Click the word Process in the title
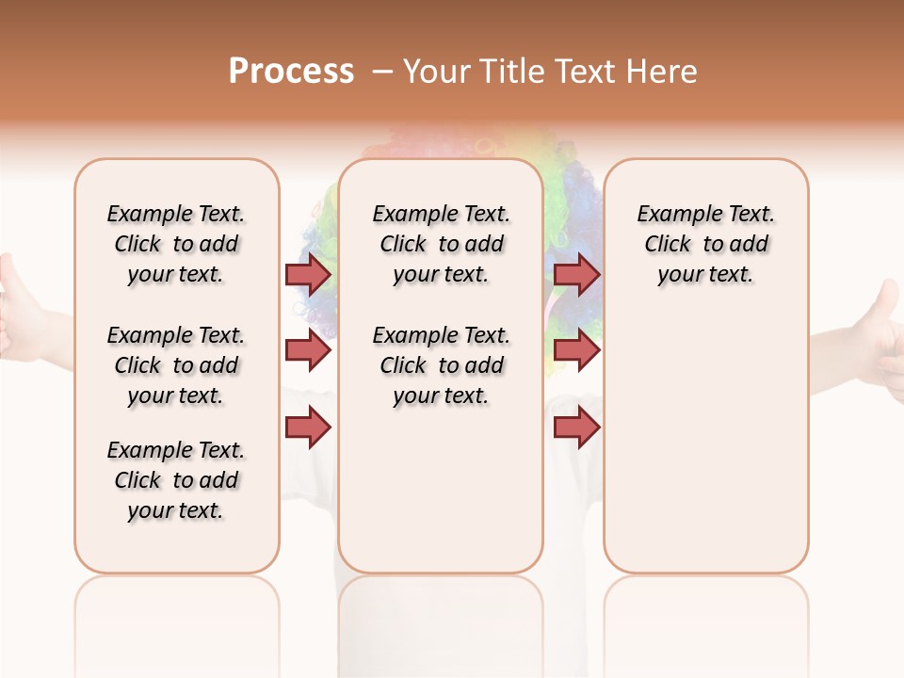tap(291, 72)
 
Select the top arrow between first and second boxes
tap(307, 274)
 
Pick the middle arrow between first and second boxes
tap(307, 351)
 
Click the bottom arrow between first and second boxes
tap(307, 428)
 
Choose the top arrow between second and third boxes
tap(576, 274)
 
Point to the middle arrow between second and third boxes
tap(576, 351)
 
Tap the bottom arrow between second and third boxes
tap(576, 428)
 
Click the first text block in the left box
tap(176, 244)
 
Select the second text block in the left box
tap(176, 365)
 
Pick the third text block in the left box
tap(176, 480)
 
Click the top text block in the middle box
tap(441, 244)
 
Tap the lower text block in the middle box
tap(441, 365)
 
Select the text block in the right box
tap(705, 244)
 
